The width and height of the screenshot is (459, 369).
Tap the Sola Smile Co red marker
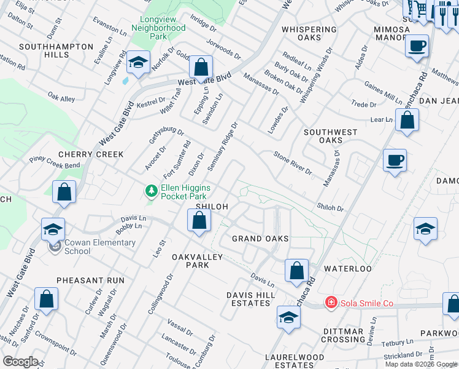[x=331, y=302]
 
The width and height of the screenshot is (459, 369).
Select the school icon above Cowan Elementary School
[x=53, y=229]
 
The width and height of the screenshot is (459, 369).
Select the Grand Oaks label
[x=260, y=238]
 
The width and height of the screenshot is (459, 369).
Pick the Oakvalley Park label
[x=199, y=261]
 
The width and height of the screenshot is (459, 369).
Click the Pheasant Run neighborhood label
[x=90, y=280]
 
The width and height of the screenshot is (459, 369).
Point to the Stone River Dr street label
[x=293, y=163]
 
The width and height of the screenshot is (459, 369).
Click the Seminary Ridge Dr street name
[x=223, y=146]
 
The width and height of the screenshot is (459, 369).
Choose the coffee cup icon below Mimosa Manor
[x=417, y=46]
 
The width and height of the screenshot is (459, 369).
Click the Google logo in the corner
[x=20, y=362]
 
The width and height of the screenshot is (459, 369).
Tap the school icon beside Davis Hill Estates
[x=288, y=317]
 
